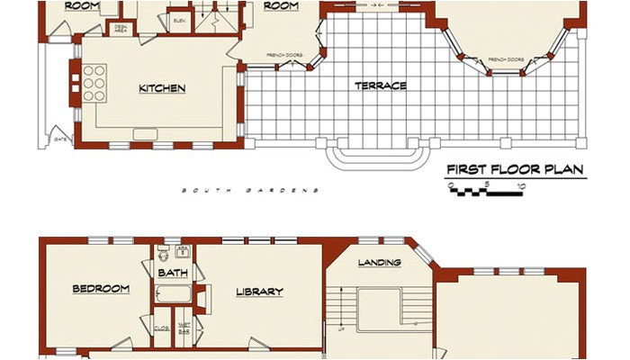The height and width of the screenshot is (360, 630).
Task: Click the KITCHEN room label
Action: [x=162, y=88]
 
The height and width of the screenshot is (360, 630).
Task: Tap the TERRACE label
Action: [x=380, y=86]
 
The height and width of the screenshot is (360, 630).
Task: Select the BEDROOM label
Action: [x=101, y=289]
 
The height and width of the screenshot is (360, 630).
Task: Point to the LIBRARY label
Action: [x=259, y=292]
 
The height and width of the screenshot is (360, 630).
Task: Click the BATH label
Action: [x=172, y=272]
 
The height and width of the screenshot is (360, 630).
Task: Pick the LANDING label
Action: [x=379, y=263]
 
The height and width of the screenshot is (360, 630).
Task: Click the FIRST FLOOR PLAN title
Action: [x=516, y=169]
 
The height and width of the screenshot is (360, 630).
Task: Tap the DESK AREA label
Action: [x=120, y=29]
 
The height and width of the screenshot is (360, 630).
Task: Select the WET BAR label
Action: [x=184, y=330]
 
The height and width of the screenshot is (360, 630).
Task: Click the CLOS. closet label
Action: [x=162, y=329]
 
